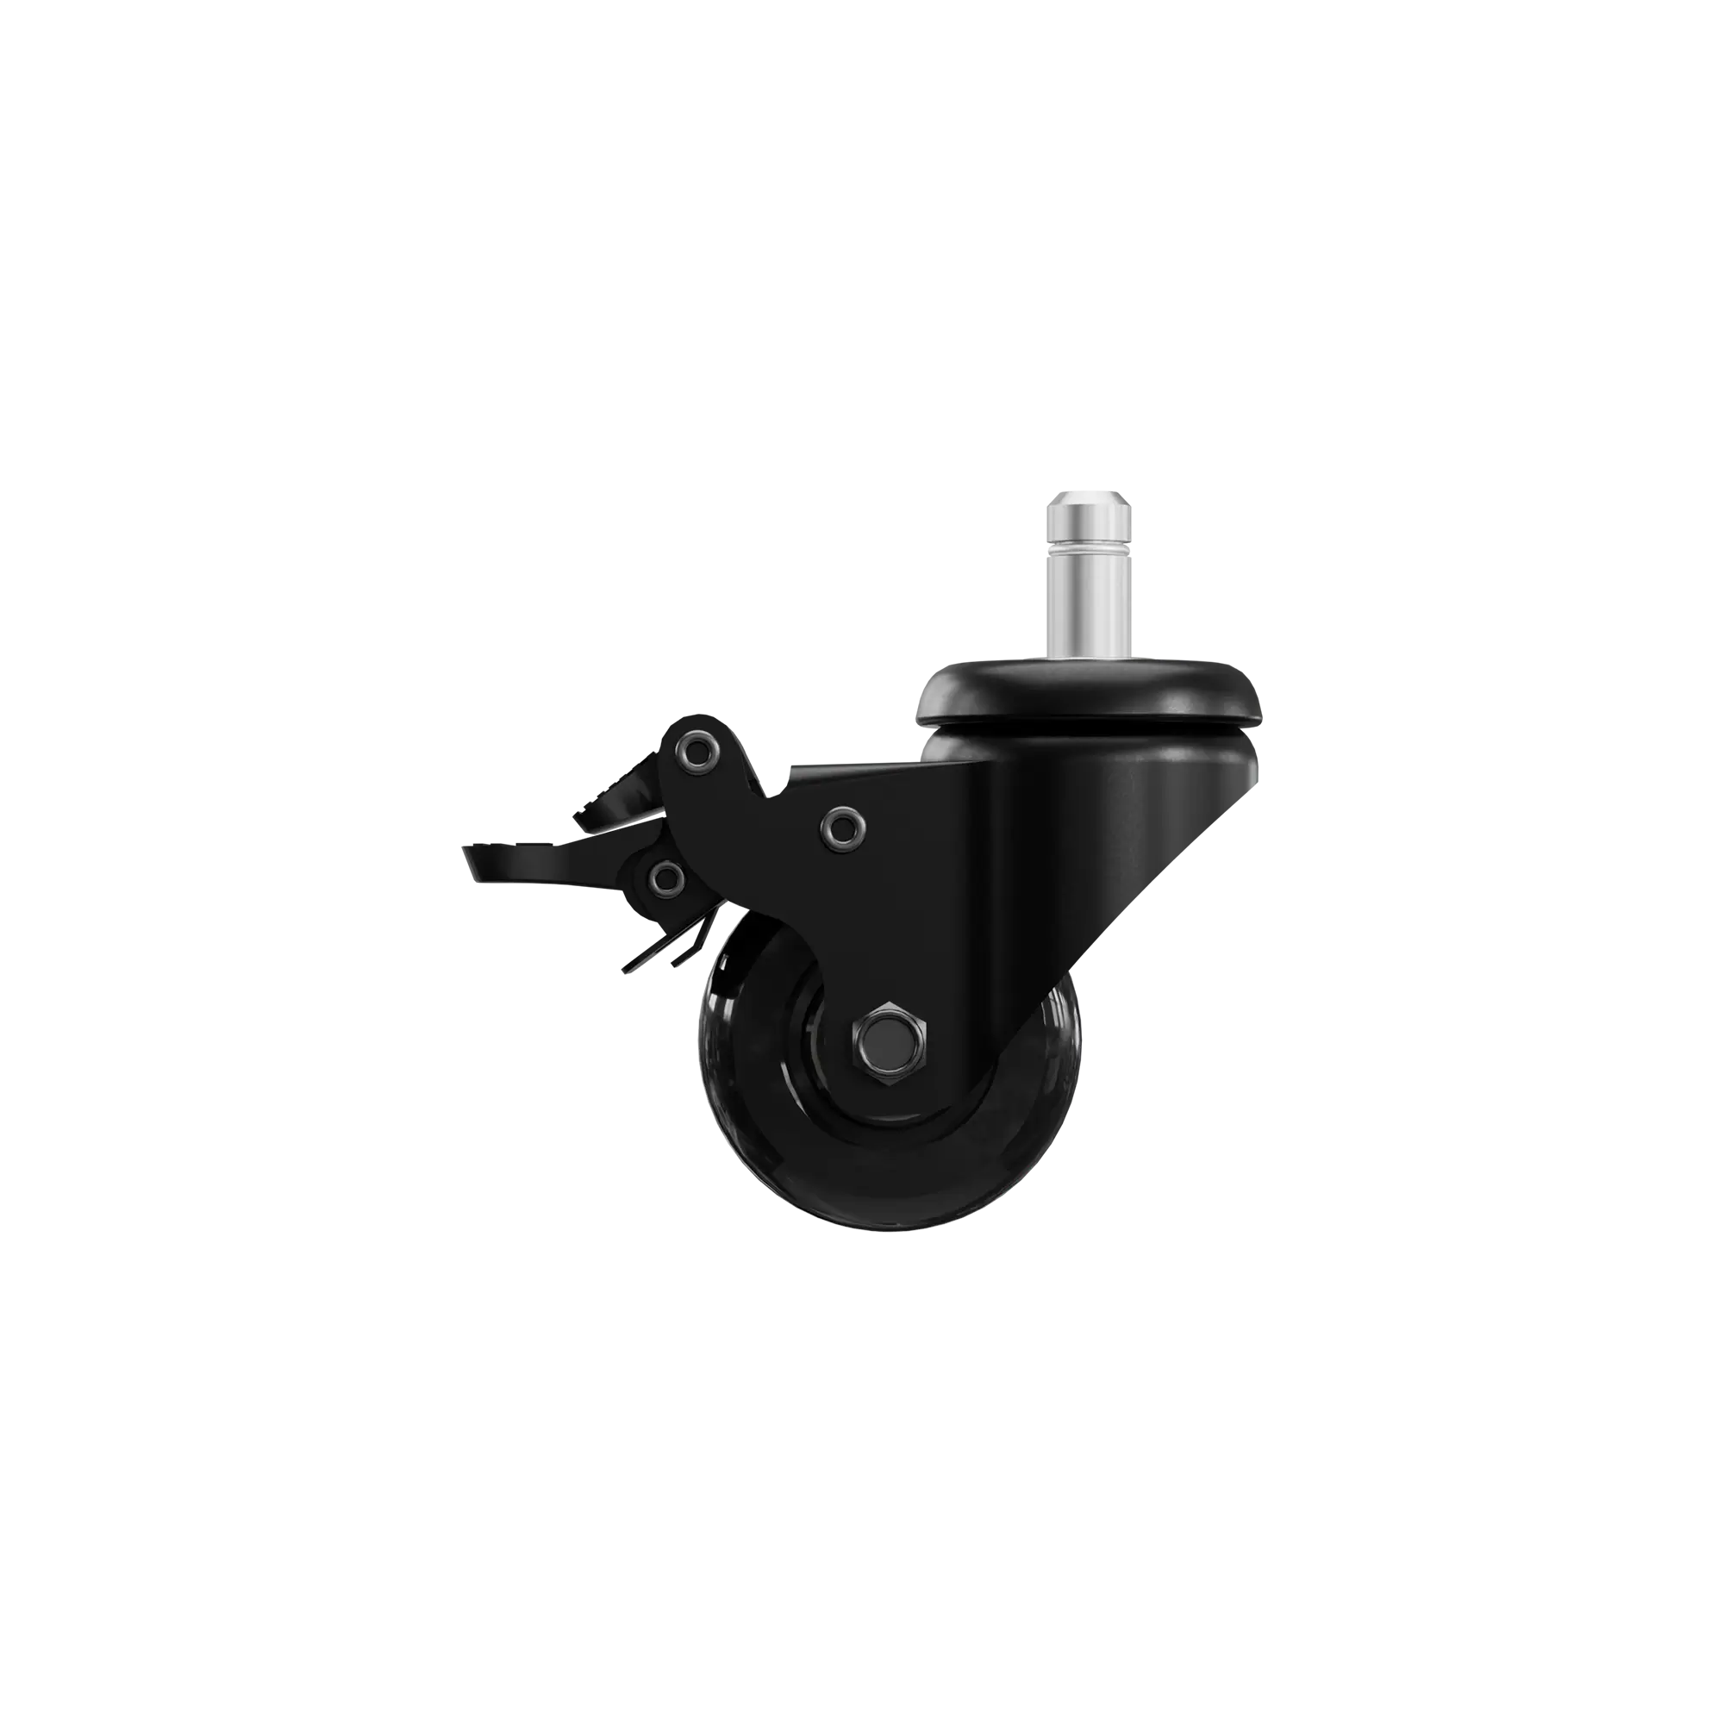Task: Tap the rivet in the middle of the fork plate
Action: pos(840,828)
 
